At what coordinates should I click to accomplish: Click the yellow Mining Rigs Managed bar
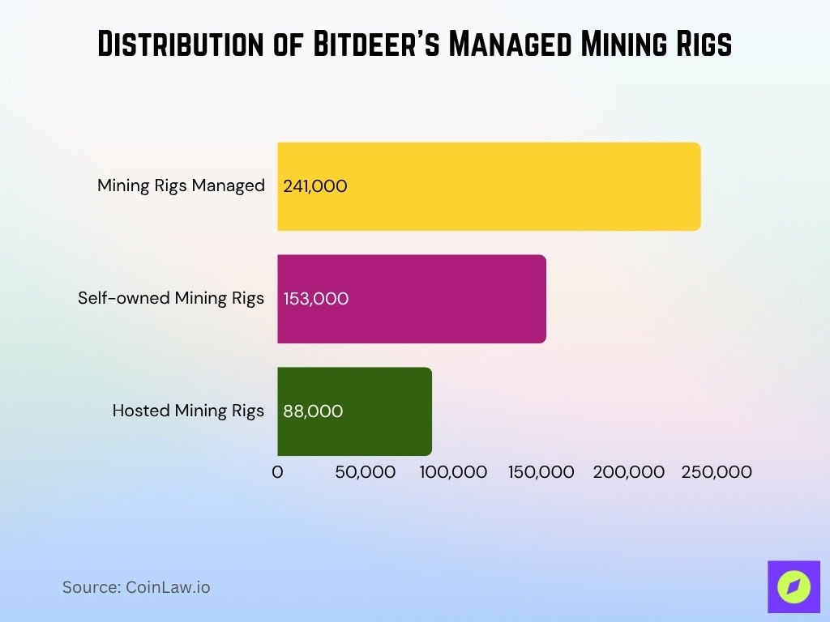click(x=527, y=186)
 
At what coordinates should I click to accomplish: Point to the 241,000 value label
click(x=315, y=186)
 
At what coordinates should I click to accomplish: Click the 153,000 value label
click(x=316, y=299)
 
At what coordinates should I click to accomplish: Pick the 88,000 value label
click(x=313, y=411)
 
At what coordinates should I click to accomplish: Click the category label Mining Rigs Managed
click(x=181, y=185)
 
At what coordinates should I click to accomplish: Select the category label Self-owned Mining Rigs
click(x=171, y=298)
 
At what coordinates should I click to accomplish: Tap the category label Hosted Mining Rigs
click(x=188, y=411)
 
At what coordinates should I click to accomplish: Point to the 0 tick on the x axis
click(x=277, y=472)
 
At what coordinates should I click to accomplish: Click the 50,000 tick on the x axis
click(x=366, y=472)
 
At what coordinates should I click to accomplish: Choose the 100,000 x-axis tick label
click(x=453, y=472)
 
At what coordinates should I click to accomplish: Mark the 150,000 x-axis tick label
click(x=541, y=472)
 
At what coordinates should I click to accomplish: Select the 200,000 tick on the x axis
click(x=629, y=472)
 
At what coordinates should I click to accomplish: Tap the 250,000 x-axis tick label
click(x=717, y=472)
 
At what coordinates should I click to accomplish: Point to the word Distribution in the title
click(x=182, y=45)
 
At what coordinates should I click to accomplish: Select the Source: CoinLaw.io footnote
click(x=136, y=587)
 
